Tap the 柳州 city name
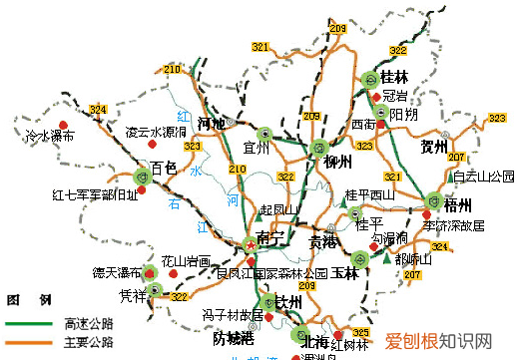coord(337,162)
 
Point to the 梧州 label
coord(458,205)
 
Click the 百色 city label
coord(163,168)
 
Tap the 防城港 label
coord(233,337)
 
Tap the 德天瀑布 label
coord(114,271)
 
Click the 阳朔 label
coord(403,116)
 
